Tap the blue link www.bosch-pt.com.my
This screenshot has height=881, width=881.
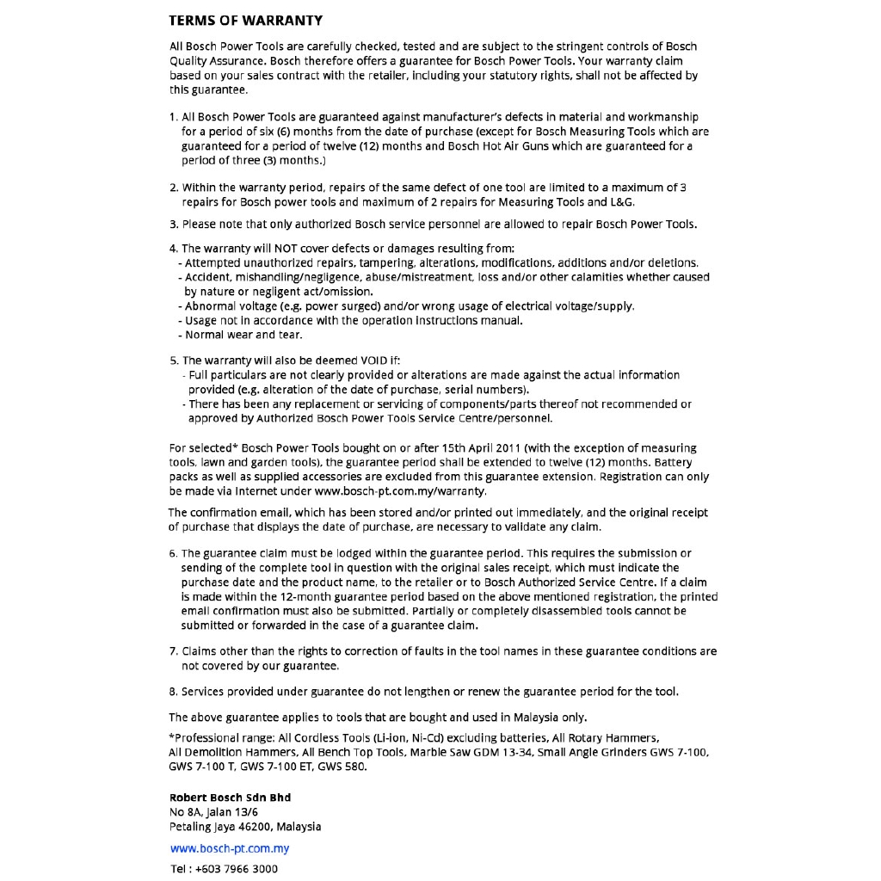coord(230,848)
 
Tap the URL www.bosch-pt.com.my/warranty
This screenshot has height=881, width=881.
coord(401,491)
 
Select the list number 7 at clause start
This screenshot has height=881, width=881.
coord(173,651)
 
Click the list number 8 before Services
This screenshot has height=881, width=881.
coord(173,691)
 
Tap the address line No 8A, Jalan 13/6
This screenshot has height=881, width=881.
coord(214,812)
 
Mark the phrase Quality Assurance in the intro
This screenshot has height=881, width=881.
coord(218,61)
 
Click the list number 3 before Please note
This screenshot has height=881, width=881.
coord(173,225)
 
